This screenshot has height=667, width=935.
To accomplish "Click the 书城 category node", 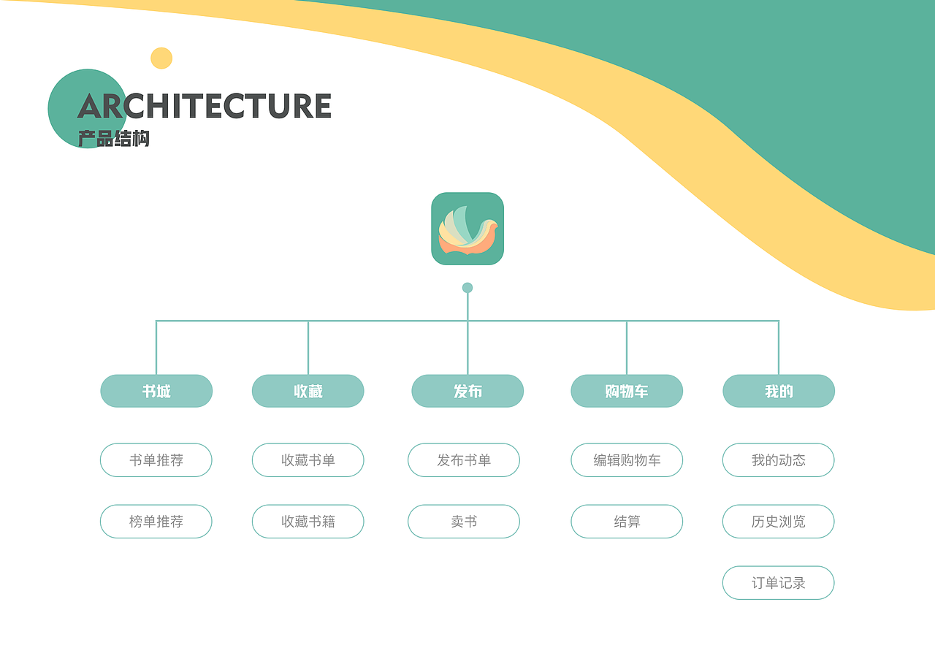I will click(x=156, y=391).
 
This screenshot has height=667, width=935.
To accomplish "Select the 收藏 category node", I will click(x=308, y=391).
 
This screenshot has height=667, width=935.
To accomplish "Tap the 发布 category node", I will click(x=467, y=391).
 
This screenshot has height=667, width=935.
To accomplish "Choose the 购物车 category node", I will click(x=627, y=391).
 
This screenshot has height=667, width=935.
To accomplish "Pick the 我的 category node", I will click(x=779, y=391).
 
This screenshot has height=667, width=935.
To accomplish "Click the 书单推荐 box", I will click(x=156, y=460).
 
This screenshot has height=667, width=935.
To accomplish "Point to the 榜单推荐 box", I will click(x=156, y=522).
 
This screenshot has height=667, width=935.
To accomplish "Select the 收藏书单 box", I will click(x=308, y=460).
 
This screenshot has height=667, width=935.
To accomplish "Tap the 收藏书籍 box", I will click(x=308, y=522).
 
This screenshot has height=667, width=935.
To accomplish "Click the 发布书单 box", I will click(x=464, y=460).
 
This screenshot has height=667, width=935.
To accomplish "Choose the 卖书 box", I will click(x=464, y=522).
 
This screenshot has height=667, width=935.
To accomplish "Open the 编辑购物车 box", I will click(x=627, y=460).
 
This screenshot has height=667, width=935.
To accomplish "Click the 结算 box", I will click(x=627, y=522).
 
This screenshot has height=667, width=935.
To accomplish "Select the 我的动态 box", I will click(x=779, y=460).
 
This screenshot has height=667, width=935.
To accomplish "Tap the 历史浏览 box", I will click(x=779, y=522).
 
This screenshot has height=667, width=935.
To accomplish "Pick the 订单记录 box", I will click(x=779, y=583).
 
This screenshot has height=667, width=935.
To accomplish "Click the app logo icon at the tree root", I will click(x=467, y=229).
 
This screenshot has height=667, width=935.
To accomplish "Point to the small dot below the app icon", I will click(x=467, y=288).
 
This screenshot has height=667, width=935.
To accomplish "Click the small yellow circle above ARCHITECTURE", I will click(x=161, y=58).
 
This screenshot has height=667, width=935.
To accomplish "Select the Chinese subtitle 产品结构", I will click(x=113, y=138).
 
